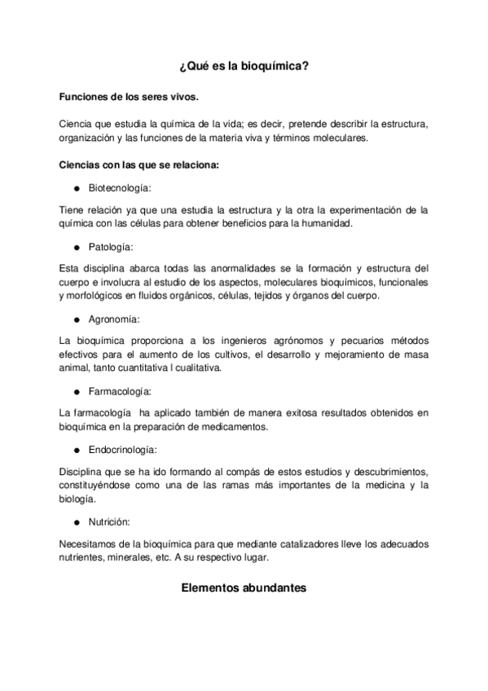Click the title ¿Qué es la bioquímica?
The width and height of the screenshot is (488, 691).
[244, 70]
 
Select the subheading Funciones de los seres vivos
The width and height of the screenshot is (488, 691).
[128, 97]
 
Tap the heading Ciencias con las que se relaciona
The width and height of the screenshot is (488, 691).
[139, 165]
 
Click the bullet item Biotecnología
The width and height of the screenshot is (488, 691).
[119, 187]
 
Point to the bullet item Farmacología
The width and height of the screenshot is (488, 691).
[119, 391]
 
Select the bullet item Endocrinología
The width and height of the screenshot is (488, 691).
[122, 449]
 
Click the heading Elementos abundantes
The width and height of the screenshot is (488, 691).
[244, 584]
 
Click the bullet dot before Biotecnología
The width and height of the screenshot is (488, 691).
[75, 188]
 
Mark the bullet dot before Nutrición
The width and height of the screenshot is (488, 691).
[75, 522]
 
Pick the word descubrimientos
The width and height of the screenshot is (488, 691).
[378, 471]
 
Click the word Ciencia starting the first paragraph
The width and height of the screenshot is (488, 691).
[77, 124]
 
